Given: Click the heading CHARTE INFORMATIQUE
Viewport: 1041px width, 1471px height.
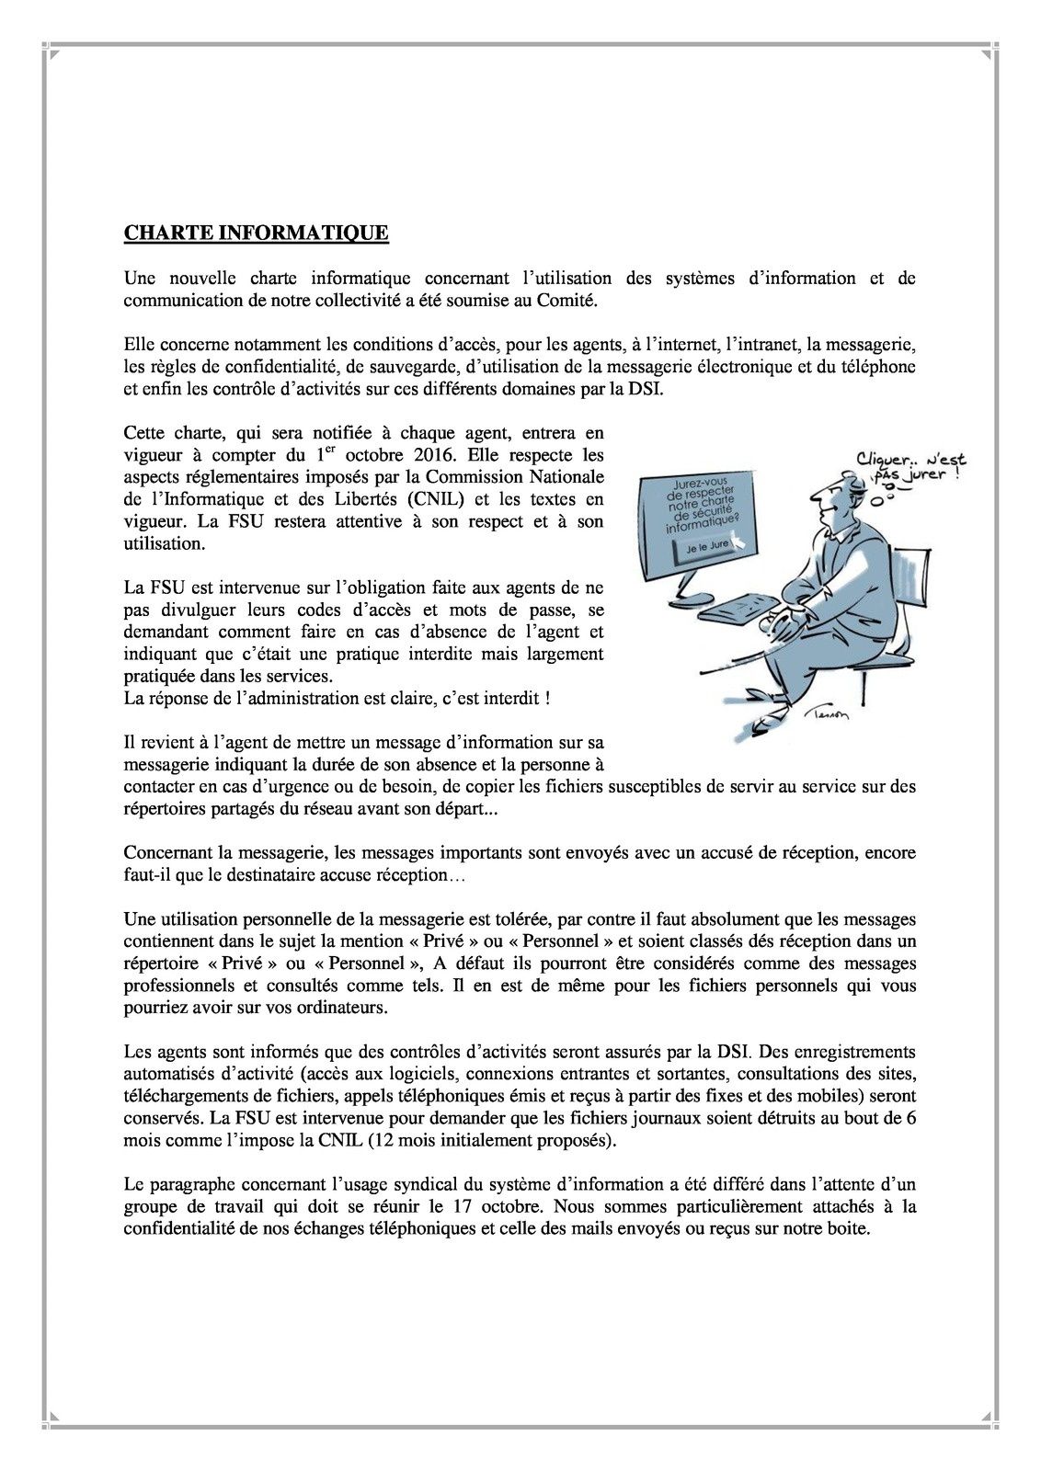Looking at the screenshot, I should coord(256,233).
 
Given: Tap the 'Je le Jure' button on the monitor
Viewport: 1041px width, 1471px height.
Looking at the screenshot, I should coord(708,549).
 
